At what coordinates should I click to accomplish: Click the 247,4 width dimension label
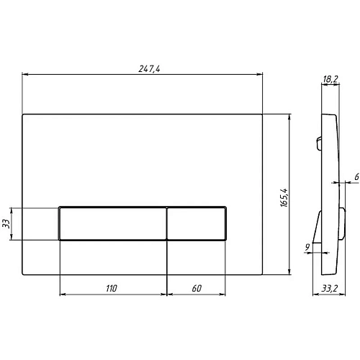[149, 69]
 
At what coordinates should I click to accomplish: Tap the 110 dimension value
[112, 288]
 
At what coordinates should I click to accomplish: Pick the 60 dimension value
[197, 288]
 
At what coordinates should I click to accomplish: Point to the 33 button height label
[6, 224]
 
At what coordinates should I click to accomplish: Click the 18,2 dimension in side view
[330, 79]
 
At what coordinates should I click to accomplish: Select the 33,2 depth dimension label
[329, 288]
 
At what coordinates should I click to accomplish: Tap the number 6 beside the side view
[356, 177]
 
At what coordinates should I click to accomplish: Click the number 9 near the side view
[307, 247]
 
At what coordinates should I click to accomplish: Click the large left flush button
[112, 224]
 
